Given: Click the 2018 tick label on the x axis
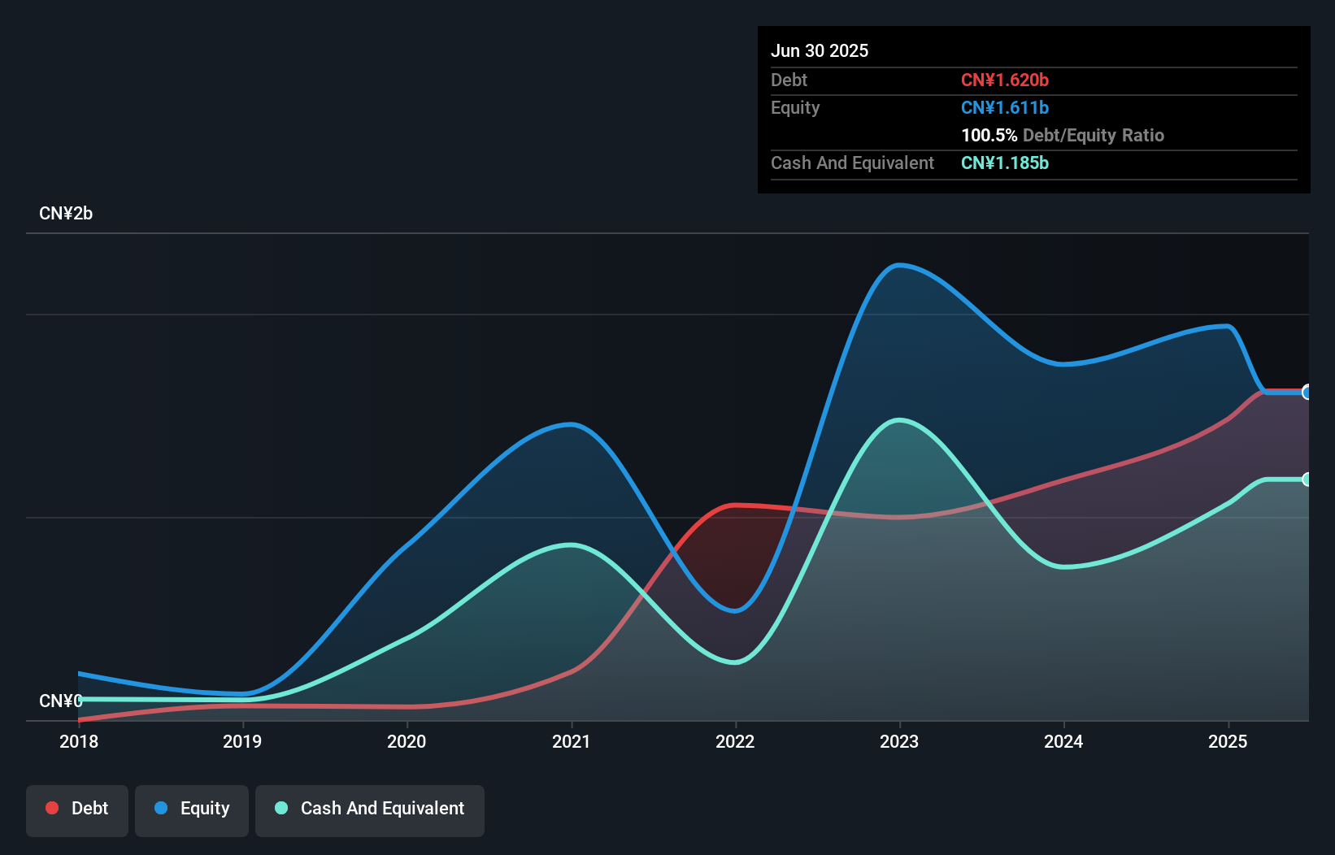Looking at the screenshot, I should pyautogui.click(x=79, y=741).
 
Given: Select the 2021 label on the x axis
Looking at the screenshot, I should pyautogui.click(x=571, y=741).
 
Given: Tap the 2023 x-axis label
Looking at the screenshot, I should pyautogui.click(x=899, y=741).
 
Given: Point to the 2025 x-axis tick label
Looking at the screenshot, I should pyautogui.click(x=1228, y=741).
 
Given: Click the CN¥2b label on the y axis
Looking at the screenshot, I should pyautogui.click(x=66, y=214).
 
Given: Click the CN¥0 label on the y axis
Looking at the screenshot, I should pyautogui.click(x=61, y=701).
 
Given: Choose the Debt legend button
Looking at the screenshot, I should pyautogui.click(x=77, y=809).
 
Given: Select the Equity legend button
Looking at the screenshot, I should pyautogui.click(x=192, y=809).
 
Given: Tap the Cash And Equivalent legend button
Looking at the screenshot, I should pyautogui.click(x=370, y=809).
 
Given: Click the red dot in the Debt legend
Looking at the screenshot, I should pyautogui.click(x=52, y=808).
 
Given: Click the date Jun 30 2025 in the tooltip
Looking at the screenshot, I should pyautogui.click(x=820, y=50).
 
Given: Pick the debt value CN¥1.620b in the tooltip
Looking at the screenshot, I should pyautogui.click(x=1005, y=80).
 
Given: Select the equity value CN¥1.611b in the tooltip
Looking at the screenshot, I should pyautogui.click(x=1005, y=107).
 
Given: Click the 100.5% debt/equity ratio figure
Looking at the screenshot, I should pyautogui.click(x=989, y=135).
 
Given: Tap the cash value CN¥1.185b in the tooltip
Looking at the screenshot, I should pyautogui.click(x=1005, y=163).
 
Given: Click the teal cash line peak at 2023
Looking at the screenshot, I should pyautogui.click(x=898, y=420).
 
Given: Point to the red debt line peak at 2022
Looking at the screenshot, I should pyautogui.click(x=736, y=506).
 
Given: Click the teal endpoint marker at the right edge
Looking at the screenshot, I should pyautogui.click(x=1307, y=480).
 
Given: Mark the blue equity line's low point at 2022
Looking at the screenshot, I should pyautogui.click(x=736, y=610).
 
